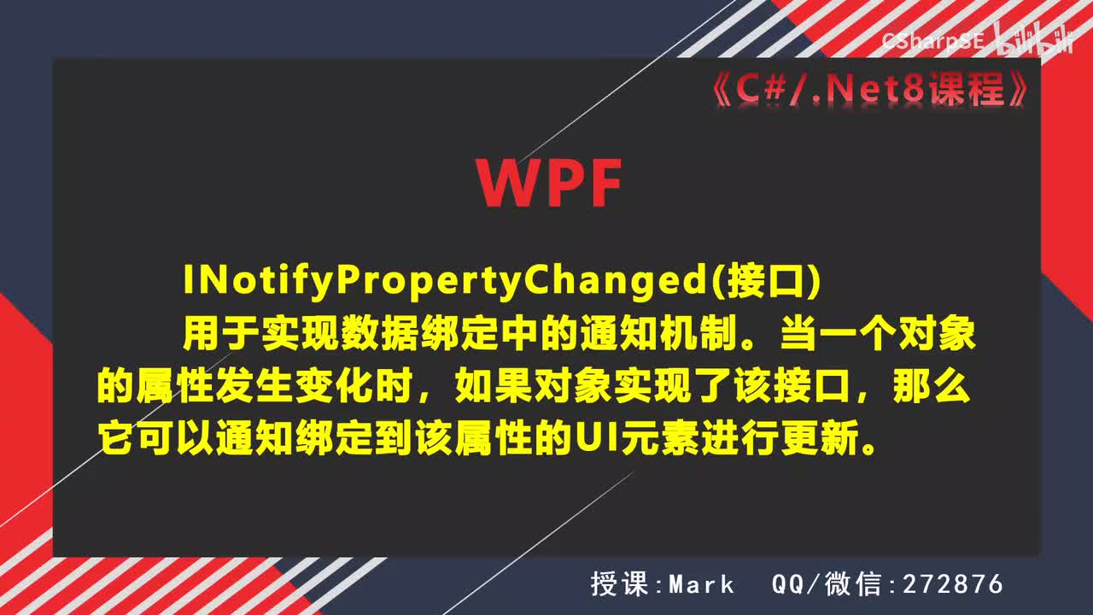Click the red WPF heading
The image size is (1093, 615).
(549, 183)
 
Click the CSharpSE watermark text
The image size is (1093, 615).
(933, 39)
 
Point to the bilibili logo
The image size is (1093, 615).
(1035, 39)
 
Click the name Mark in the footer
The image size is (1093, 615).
(701, 584)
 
